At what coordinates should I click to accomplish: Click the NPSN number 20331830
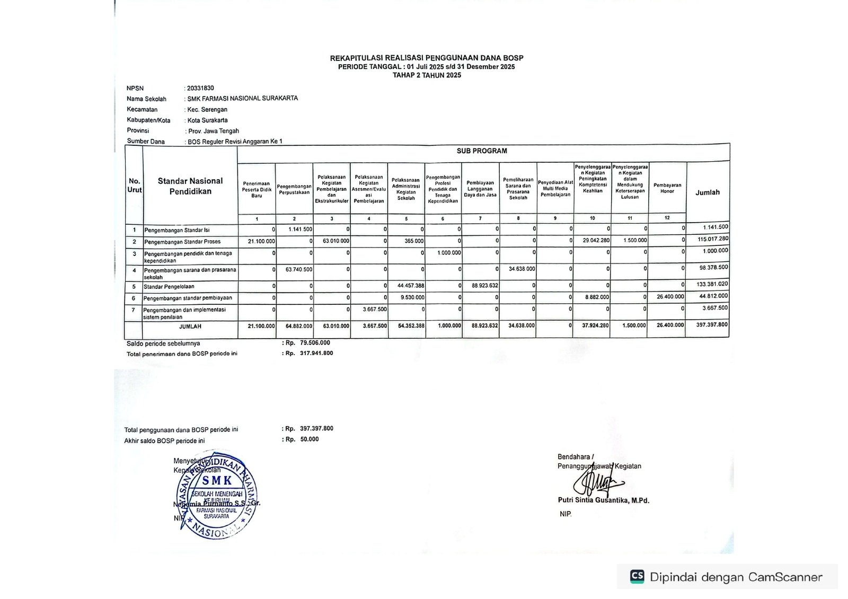[200, 89]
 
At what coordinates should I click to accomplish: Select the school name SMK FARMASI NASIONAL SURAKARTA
[242, 99]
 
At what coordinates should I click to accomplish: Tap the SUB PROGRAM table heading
[482, 151]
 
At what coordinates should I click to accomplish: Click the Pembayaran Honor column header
[667, 188]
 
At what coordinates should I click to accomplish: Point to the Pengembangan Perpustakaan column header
[294, 189]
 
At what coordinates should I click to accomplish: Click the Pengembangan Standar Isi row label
[177, 230]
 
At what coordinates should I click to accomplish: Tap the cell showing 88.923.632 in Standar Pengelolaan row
[484, 286]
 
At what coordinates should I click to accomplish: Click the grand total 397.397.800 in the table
[712, 324]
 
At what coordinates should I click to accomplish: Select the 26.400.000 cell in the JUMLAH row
[670, 325]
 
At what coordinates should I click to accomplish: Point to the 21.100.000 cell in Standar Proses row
[261, 241]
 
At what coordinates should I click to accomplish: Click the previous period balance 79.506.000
[315, 343]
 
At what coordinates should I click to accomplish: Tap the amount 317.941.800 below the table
[316, 353]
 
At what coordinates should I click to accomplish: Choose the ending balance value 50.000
[310, 439]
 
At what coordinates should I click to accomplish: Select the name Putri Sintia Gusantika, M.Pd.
[603, 500]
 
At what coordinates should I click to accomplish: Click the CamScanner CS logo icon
[637, 577]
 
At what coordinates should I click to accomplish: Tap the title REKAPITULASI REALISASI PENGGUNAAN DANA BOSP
[426, 58]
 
